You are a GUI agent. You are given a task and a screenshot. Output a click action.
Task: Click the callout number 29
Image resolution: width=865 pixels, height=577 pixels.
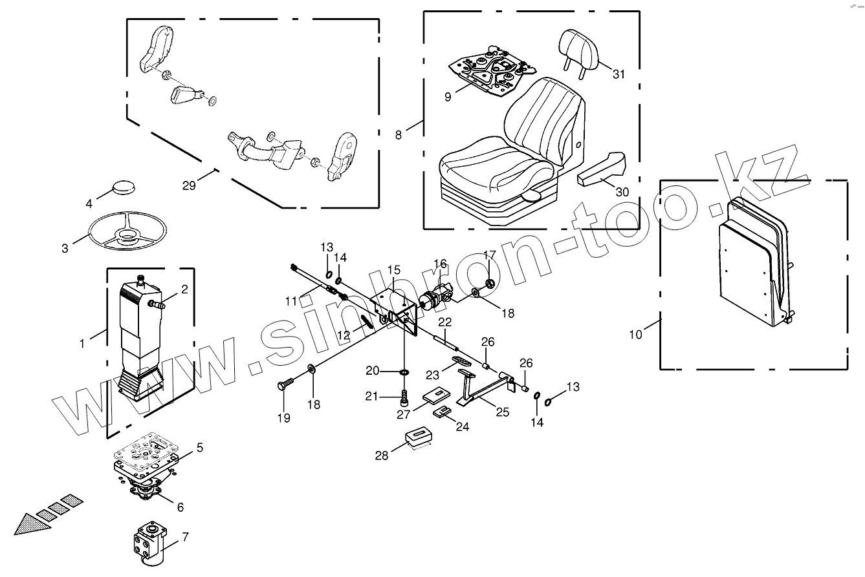click(x=189, y=185)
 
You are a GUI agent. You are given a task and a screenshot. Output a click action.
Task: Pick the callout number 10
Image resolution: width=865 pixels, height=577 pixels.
click(x=636, y=334)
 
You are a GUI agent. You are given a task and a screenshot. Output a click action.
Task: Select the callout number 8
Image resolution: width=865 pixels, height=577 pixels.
click(x=399, y=134)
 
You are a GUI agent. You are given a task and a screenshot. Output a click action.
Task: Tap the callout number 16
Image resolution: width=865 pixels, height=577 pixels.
click(x=441, y=264)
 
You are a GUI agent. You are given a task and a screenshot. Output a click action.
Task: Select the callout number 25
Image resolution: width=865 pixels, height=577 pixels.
click(x=502, y=412)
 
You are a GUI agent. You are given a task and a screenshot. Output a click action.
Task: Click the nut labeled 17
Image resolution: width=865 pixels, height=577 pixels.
click(x=490, y=282)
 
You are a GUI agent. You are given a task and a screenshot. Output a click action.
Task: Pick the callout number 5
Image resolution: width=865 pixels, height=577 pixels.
click(x=200, y=447)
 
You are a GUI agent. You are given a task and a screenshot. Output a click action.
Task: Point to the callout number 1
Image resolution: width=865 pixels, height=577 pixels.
click(x=82, y=343)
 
